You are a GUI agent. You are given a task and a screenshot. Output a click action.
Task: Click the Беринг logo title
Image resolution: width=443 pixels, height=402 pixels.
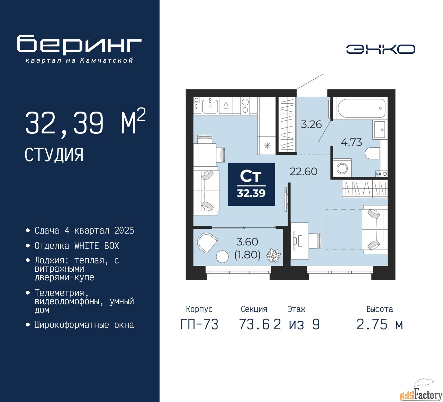click(x=79, y=45)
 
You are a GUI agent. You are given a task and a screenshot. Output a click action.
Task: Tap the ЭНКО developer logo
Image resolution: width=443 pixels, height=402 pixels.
click(x=380, y=49)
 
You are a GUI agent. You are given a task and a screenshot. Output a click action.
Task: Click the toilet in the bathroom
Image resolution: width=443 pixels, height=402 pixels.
click(x=372, y=153)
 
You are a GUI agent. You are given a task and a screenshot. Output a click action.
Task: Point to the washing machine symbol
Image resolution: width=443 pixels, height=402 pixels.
click(x=342, y=168)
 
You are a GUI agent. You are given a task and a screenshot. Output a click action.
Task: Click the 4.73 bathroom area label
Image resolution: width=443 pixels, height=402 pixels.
click(x=351, y=142)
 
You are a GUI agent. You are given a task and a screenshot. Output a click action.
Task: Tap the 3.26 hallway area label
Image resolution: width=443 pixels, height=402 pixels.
click(x=311, y=124)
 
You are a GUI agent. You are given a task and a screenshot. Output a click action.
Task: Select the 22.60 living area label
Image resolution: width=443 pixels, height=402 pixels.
click(x=304, y=171)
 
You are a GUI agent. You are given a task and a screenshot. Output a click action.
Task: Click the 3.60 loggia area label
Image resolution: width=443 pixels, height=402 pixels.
click(x=247, y=242)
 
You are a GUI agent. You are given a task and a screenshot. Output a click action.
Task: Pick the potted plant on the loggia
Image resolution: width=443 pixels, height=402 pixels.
click(x=273, y=256)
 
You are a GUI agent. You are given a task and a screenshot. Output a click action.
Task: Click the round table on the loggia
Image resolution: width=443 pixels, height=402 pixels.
click(x=222, y=257)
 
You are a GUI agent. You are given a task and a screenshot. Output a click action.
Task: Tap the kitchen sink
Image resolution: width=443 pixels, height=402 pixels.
click(x=210, y=106)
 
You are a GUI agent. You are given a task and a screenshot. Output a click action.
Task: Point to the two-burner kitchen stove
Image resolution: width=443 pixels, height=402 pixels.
click(x=245, y=106)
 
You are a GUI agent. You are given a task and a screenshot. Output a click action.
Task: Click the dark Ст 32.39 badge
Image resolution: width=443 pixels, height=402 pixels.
click(x=251, y=184)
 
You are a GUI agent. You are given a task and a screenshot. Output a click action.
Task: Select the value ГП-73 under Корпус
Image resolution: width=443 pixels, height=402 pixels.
click(x=199, y=324)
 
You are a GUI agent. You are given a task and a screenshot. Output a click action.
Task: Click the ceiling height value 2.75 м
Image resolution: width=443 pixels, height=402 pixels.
click(x=380, y=324)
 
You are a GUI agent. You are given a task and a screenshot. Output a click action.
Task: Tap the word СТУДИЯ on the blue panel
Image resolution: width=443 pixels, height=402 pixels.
click(x=54, y=155)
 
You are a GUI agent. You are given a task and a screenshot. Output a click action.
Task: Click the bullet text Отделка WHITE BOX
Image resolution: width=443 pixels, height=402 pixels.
click(x=76, y=246)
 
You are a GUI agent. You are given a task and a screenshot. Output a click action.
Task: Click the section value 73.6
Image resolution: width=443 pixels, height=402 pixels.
click(x=254, y=324)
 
